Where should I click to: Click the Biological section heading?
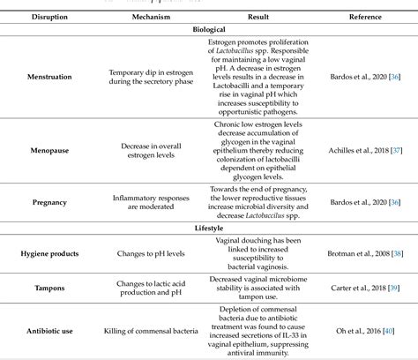[209, 28]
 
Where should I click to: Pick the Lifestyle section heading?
[209, 227]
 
